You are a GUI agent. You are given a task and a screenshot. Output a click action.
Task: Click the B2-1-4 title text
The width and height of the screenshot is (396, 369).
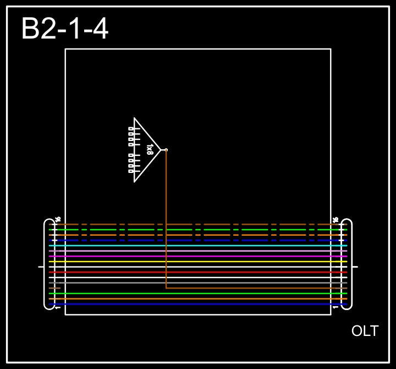tap(65, 29)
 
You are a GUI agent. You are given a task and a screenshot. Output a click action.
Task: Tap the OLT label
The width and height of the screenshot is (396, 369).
tap(365, 331)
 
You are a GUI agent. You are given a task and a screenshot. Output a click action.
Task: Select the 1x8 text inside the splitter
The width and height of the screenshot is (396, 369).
tap(150, 149)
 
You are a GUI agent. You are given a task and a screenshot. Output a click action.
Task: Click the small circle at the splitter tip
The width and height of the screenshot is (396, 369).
tap(166, 150)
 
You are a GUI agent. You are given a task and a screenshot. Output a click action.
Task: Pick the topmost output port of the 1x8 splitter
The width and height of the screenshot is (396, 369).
tap(131, 128)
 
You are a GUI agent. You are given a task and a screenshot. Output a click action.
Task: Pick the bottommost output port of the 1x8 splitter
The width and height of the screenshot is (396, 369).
tap(131, 171)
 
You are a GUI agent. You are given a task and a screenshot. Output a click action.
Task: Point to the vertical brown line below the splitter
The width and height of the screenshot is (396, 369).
tap(166, 220)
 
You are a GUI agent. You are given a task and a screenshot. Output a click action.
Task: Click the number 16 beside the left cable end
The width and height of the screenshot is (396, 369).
tap(58, 219)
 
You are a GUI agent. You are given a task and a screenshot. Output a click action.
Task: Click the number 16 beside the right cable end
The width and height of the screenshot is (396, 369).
tap(335, 219)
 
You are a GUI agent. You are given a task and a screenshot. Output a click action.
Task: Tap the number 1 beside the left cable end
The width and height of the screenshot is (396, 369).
tap(58, 307)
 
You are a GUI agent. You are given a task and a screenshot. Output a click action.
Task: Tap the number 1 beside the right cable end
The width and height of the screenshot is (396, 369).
tap(335, 307)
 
